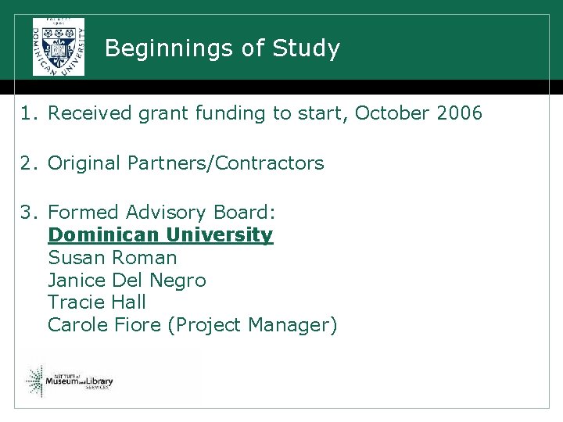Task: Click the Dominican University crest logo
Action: pos(58,46)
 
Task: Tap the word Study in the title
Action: pos(307,48)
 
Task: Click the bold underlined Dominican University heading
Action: pos(160,234)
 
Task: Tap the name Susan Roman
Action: pos(113,257)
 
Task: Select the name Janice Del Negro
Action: pos(127,280)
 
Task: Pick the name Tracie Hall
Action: pos(97,302)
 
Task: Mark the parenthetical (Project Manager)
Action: pos(253,325)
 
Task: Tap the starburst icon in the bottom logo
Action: pos(35,381)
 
